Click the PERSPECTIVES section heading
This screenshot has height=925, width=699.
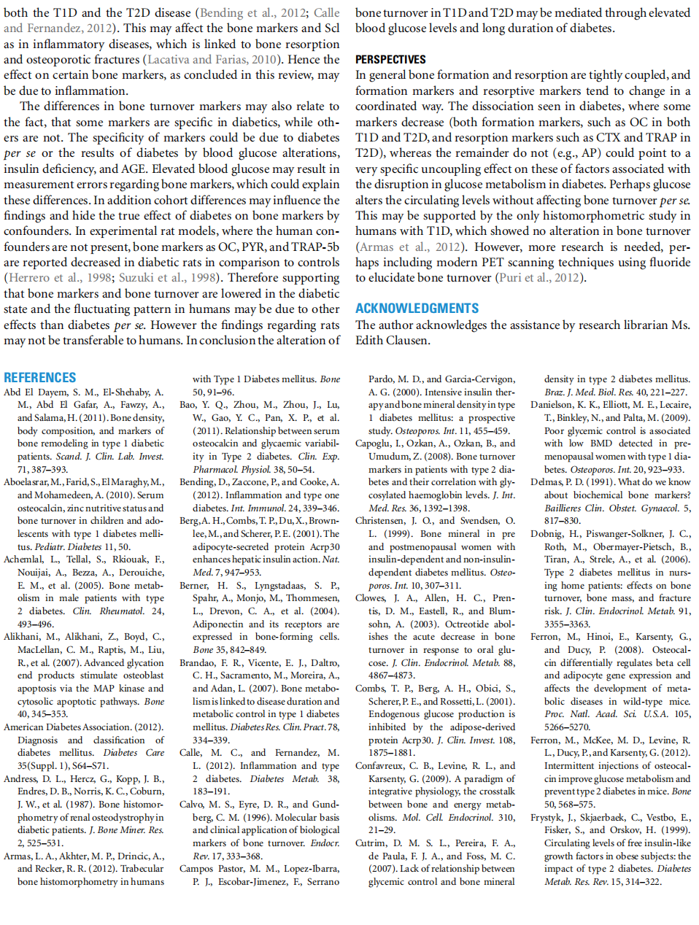tap(390, 60)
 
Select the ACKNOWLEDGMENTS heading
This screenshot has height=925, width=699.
tap(417, 309)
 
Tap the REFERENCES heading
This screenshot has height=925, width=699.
tap(40, 378)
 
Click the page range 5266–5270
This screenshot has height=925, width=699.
tap(567, 727)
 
